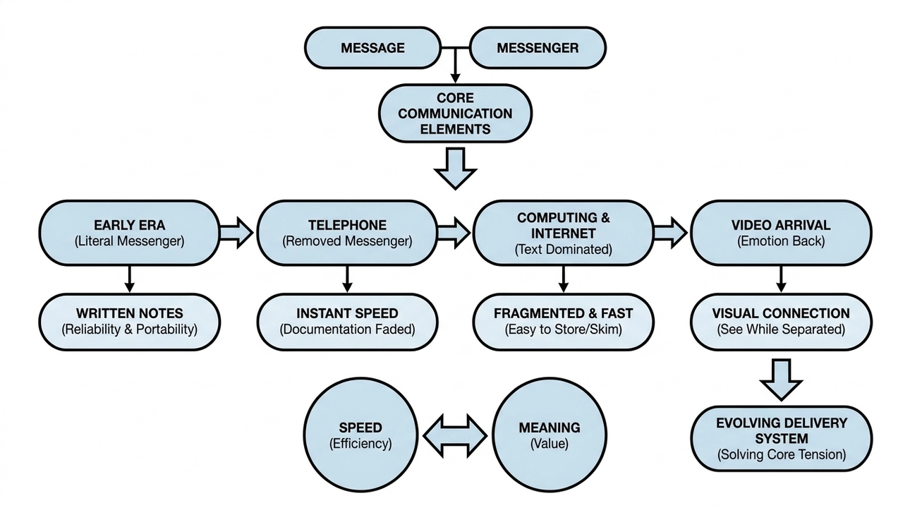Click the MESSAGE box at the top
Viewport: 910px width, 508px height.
point(372,48)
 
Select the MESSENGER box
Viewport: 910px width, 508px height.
point(538,48)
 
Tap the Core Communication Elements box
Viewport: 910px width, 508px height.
point(455,113)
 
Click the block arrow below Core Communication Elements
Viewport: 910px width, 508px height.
point(455,168)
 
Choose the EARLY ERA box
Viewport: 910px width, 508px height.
point(129,233)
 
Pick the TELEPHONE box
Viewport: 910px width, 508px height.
point(347,233)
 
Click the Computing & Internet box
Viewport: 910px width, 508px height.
point(563,233)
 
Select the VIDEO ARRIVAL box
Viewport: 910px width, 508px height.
point(781,233)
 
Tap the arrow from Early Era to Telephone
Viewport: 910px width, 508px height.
point(236,232)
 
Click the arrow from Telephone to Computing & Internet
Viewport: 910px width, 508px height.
point(454,232)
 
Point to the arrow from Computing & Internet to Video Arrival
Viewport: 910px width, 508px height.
point(670,232)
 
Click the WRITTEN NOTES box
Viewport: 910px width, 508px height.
point(129,321)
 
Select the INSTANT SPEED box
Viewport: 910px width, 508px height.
point(347,321)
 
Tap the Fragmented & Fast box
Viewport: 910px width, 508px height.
point(563,321)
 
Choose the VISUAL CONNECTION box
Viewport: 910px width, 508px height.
point(781,321)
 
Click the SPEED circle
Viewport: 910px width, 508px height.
point(360,435)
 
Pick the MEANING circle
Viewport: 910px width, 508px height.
point(549,435)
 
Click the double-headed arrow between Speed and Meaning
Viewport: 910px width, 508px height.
point(454,434)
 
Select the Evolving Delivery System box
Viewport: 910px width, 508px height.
point(781,438)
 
